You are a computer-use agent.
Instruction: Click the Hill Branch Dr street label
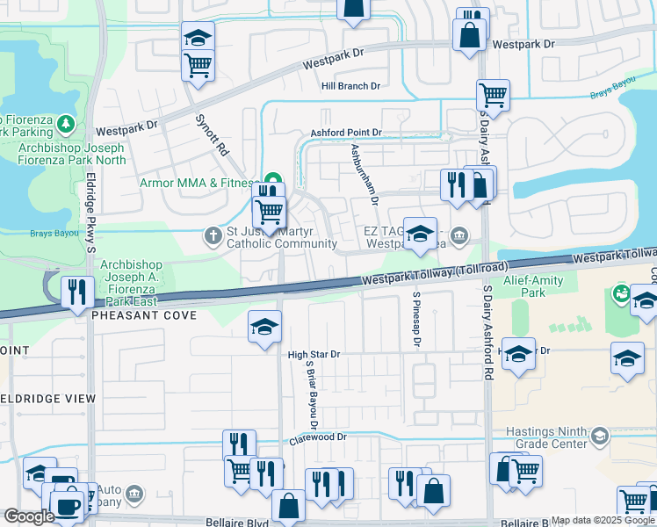click(350, 86)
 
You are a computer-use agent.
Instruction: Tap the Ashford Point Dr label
click(346, 133)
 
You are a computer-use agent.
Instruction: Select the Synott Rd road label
click(211, 136)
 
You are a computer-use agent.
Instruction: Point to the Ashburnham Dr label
click(362, 175)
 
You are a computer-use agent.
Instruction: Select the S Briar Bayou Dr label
click(310, 387)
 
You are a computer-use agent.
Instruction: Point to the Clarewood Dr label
click(318, 437)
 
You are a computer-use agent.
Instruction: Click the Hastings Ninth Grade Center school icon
click(600, 437)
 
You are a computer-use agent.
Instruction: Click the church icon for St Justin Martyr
click(212, 235)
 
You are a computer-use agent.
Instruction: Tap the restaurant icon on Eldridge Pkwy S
click(76, 291)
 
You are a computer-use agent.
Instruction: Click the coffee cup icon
click(66, 506)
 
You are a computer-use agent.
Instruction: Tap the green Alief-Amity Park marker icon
click(622, 292)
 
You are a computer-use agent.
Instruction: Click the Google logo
click(29, 516)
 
